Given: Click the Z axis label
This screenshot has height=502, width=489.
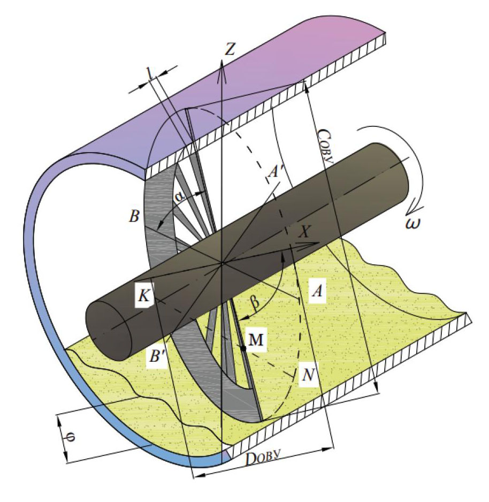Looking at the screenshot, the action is tap(230, 49).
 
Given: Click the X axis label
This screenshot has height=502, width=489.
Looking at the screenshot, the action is tap(304, 232).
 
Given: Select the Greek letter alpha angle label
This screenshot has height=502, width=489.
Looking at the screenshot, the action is tap(179, 197).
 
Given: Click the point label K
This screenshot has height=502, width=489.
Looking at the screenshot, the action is tap(144, 295).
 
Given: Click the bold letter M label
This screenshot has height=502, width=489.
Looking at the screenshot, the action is tap(256, 340).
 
